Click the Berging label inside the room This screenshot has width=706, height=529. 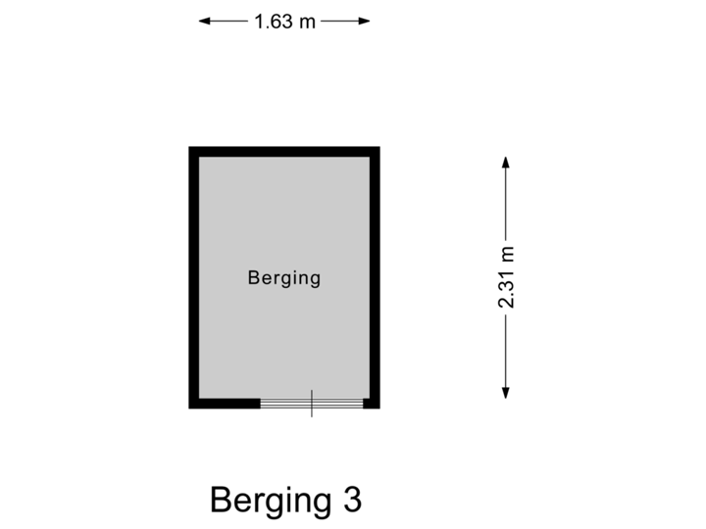tap(284, 278)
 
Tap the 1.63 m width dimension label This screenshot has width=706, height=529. tap(284, 21)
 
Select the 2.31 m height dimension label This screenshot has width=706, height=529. tap(506, 277)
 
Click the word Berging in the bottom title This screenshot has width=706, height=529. tap(271, 501)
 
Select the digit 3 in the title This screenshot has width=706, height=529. tap(353, 501)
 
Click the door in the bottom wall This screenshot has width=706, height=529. tap(312, 404)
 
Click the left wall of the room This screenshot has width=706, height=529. tap(193, 278)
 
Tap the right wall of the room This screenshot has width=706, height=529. tap(376, 278)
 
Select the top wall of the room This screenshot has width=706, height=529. tap(284, 152)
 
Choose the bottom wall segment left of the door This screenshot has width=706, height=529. tap(225, 404)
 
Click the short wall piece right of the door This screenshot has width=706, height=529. tap(372, 404)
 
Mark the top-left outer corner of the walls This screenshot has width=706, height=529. tap(188, 148)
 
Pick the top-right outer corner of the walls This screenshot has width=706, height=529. tap(380, 148)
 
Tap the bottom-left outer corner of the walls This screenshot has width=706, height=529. tap(188, 408)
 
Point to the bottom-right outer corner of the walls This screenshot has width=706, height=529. tap(380, 408)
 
